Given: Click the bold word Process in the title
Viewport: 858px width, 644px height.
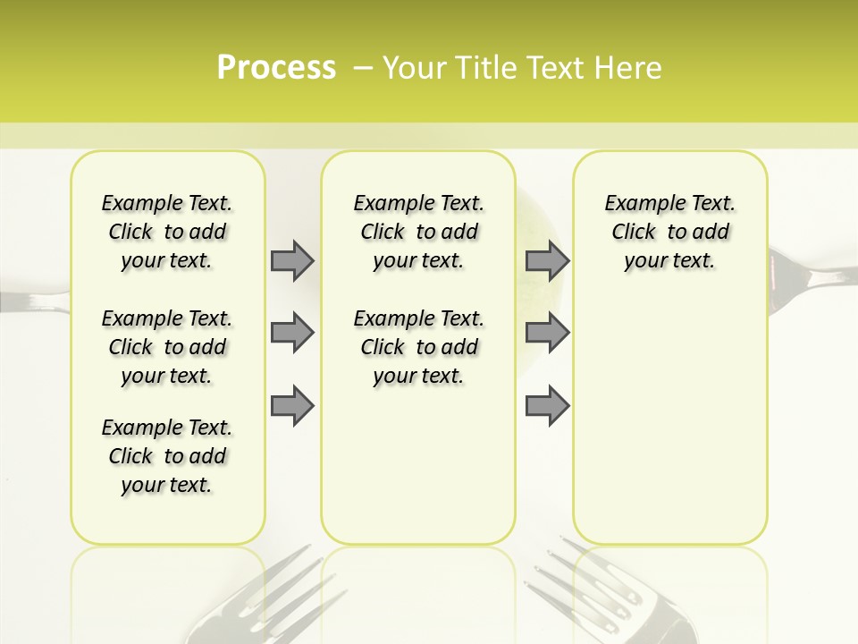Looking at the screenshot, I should pyautogui.click(x=276, y=68).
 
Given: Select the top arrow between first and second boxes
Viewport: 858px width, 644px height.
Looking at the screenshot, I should pyautogui.click(x=292, y=260).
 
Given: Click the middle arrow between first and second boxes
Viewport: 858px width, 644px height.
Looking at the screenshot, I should pyautogui.click(x=292, y=334).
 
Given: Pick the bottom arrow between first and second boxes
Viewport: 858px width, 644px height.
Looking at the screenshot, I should pyautogui.click(x=292, y=406).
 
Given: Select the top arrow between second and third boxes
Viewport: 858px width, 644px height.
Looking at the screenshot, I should pyautogui.click(x=547, y=260).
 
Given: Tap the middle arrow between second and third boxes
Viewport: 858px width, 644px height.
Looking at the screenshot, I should pyautogui.click(x=547, y=334).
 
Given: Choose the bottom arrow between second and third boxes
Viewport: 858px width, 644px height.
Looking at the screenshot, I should pyautogui.click(x=547, y=406).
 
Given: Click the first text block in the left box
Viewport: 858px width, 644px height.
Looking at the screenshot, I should pyautogui.click(x=167, y=232).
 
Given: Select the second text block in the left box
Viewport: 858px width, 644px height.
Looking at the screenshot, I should pyautogui.click(x=167, y=347).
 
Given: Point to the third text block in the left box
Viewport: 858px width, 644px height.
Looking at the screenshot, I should pyautogui.click(x=167, y=456).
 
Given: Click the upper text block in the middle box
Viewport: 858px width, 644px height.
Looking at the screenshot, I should pyautogui.click(x=418, y=232).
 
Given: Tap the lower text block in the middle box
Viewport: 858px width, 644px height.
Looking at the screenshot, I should pyautogui.click(x=418, y=347).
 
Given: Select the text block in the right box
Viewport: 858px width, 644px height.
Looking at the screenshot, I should pyautogui.click(x=669, y=232).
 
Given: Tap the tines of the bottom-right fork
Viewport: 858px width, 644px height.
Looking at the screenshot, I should pyautogui.click(x=554, y=577).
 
